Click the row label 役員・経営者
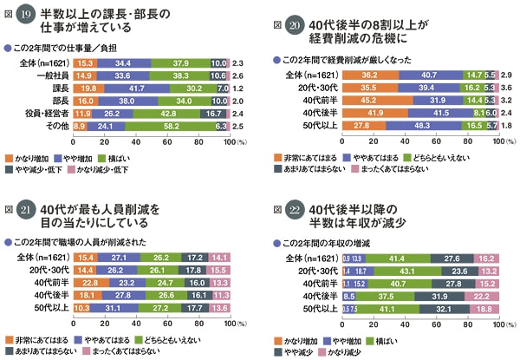(49, 113)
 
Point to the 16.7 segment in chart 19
(213, 113)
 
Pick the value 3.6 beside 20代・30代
(504, 88)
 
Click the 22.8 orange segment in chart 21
(88, 283)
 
